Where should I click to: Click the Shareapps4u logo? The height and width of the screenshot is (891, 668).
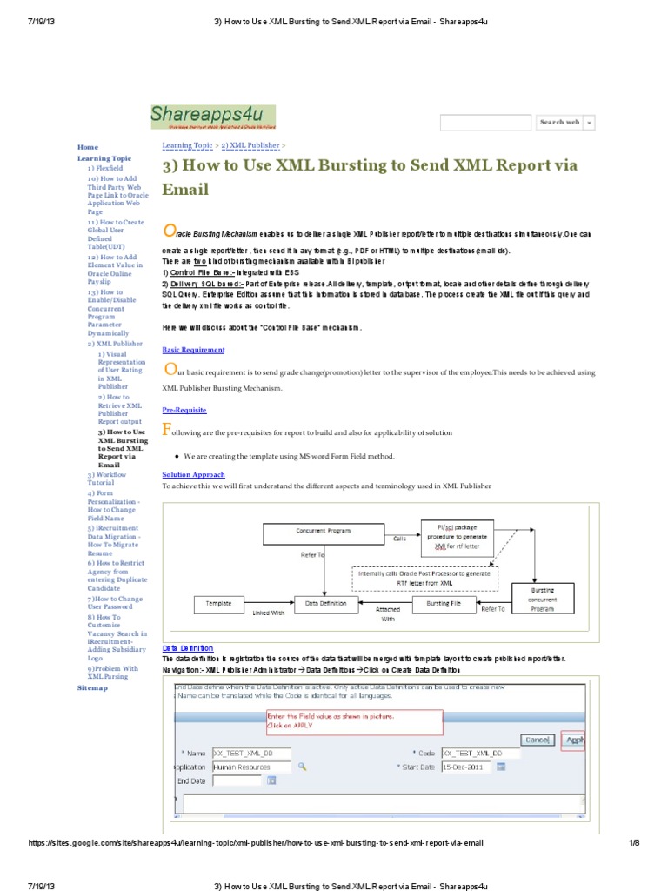coord(212,117)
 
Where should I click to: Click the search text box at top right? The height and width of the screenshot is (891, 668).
coord(485,123)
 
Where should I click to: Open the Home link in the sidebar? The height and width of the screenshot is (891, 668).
coord(88,147)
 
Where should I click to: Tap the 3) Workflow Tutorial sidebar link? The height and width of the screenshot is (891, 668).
coord(106,478)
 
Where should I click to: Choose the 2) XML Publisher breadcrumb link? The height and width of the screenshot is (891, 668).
coord(250,145)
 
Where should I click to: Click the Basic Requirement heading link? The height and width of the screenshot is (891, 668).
coord(193,350)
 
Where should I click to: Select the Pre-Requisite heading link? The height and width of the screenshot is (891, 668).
coord(184,409)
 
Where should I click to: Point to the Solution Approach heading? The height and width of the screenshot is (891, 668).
coord(193,474)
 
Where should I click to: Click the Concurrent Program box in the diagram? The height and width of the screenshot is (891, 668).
coord(324,531)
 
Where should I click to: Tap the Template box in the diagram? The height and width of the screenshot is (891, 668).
coord(218,602)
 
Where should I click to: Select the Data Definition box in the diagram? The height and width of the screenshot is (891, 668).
coord(324,602)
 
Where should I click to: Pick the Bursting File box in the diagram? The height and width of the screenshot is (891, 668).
coord(443,602)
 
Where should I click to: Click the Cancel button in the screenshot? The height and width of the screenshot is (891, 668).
coord(536,740)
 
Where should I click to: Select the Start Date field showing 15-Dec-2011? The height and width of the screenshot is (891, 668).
coord(465,767)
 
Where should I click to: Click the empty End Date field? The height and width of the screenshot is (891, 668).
coord(237,781)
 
